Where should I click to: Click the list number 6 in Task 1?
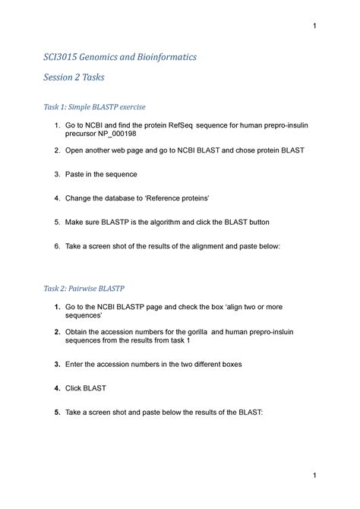(x=57, y=247)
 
